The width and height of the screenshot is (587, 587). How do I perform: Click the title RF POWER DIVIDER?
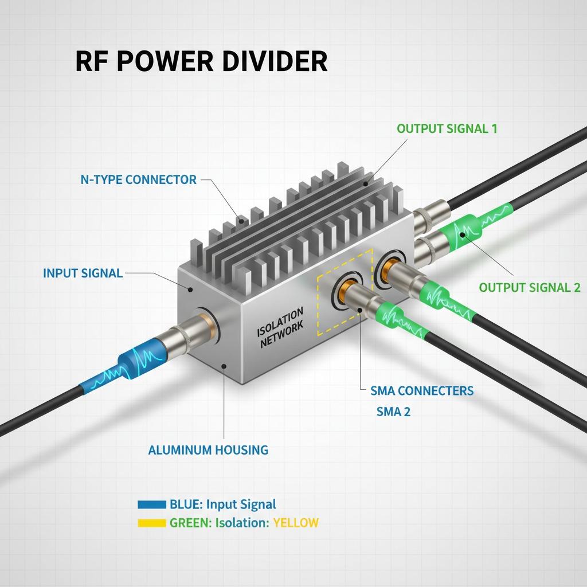201,61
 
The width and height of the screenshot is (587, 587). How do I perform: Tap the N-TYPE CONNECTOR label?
138,179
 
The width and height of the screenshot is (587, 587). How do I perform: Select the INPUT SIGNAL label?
83,273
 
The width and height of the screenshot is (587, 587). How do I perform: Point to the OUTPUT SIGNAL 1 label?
447,128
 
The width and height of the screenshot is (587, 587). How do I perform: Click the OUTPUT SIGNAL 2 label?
529,288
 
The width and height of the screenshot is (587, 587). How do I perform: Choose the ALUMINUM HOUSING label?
208,450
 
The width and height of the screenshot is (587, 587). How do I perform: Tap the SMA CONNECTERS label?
422,391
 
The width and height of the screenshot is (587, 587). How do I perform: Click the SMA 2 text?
393,411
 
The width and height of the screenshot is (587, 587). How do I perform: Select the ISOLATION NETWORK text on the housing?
280,327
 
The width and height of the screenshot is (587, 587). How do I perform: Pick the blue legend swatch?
152,505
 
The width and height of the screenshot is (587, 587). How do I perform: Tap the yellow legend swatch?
152,523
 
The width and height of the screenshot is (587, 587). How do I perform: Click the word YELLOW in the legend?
296,523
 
